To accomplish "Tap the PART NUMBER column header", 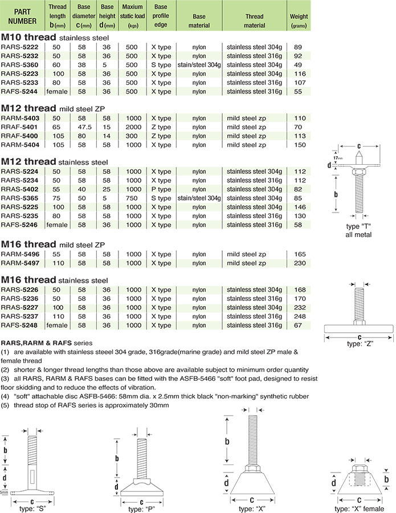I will click(x=23, y=17).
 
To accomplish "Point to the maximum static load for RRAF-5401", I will click(x=133, y=127).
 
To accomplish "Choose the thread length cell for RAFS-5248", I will click(x=57, y=325).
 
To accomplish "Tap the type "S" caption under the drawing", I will click(x=32, y=507).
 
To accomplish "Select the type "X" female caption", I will click(x=359, y=508).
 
